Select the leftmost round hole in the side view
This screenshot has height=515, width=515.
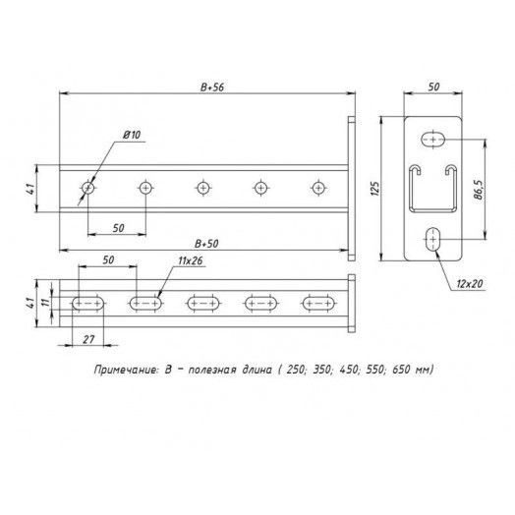[x=88, y=186]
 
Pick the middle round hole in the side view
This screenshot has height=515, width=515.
[x=203, y=186]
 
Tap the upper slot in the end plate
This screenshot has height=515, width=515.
[x=432, y=141]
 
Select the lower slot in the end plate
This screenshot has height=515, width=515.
[x=432, y=239]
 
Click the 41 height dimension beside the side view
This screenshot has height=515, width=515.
[x=31, y=187]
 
